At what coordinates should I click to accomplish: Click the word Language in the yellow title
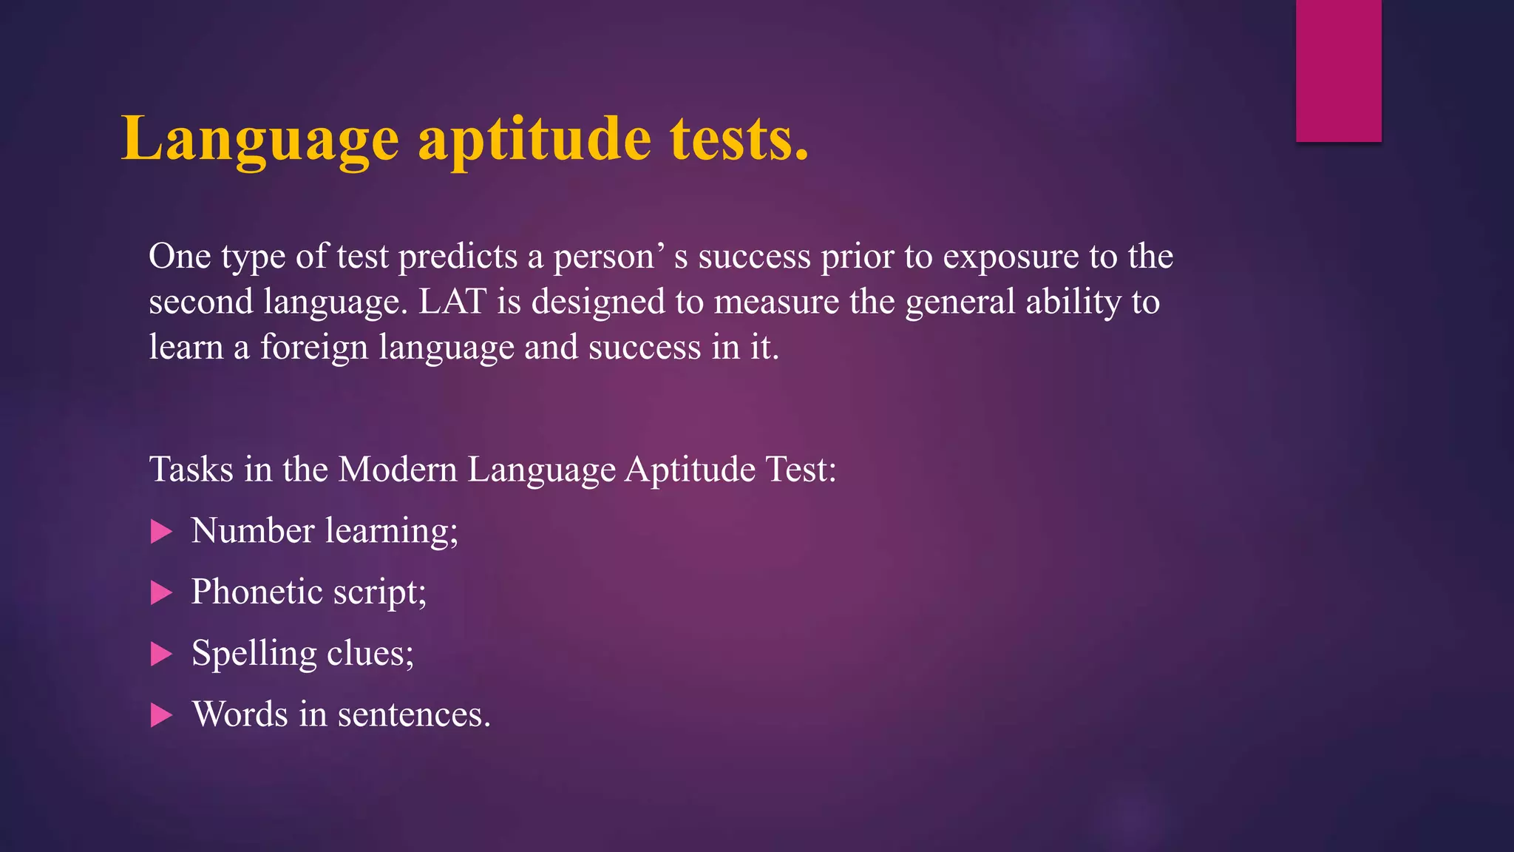point(259,139)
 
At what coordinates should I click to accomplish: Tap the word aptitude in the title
point(534,139)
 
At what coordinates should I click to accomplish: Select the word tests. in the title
point(739,139)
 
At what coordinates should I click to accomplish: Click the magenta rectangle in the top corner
point(1338,70)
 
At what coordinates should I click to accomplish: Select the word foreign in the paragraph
point(313,347)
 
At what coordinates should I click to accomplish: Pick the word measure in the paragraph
point(776,302)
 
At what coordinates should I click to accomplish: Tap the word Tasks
point(191,469)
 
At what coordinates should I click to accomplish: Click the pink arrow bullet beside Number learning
point(161,531)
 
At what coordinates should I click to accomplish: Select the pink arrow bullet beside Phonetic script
point(161,592)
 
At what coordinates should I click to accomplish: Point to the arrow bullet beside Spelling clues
point(161,654)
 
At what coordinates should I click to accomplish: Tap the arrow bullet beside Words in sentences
point(161,715)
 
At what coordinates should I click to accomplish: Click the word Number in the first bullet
point(253,530)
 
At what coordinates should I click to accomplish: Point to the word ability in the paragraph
point(1073,302)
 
